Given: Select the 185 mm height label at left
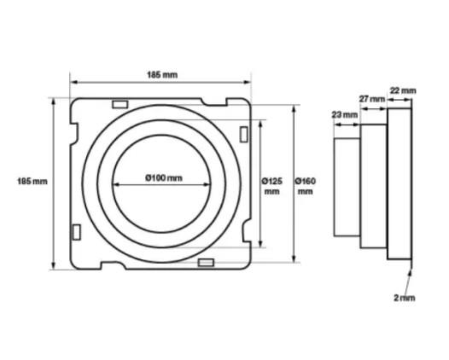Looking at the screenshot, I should point(32,181).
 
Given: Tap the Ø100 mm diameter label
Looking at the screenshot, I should point(163,177).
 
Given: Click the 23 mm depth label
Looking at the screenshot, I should point(342,113).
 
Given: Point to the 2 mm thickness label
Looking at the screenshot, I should point(405,297).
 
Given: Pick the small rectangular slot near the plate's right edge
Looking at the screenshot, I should point(243,135).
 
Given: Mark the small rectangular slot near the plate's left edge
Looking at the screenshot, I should point(77,230).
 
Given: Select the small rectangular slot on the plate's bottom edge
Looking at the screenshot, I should point(206,262).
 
